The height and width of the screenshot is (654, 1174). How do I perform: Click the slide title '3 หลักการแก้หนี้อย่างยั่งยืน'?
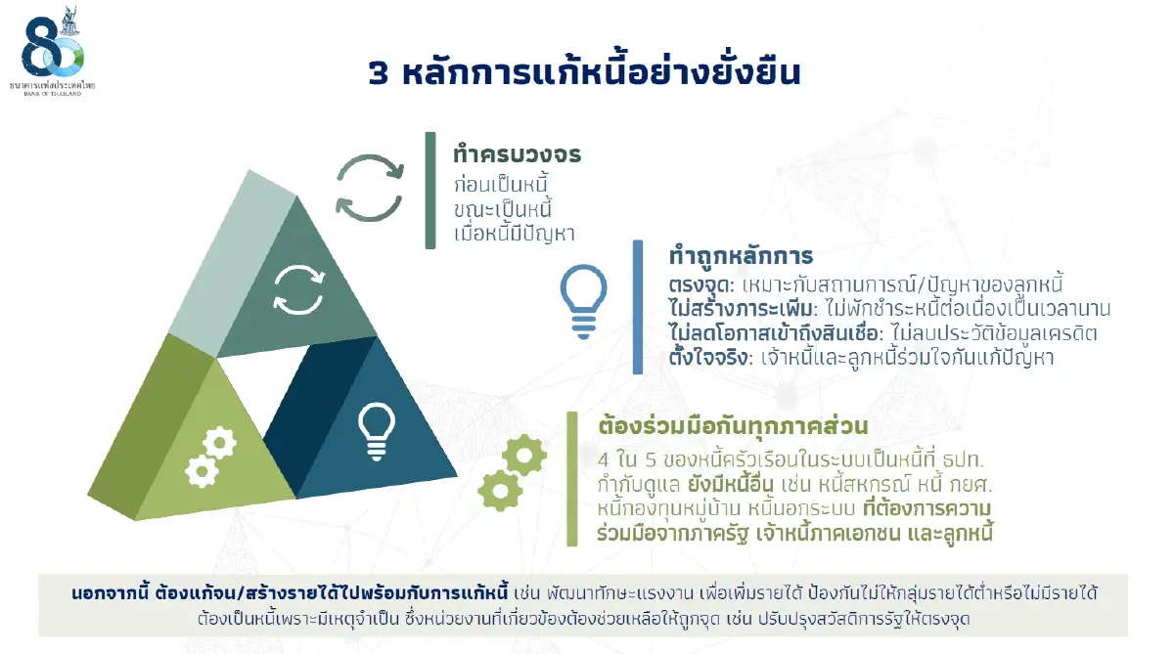tap(584, 72)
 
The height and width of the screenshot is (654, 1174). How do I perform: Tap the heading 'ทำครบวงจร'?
tap(517, 154)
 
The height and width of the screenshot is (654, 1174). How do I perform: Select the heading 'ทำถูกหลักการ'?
tap(741, 256)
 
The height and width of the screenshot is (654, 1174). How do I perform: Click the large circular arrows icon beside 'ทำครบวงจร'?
tap(369, 188)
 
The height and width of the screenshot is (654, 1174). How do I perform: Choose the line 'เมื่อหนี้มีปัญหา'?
tap(513, 234)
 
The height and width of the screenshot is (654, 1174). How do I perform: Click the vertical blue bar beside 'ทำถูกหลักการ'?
tap(638, 306)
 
